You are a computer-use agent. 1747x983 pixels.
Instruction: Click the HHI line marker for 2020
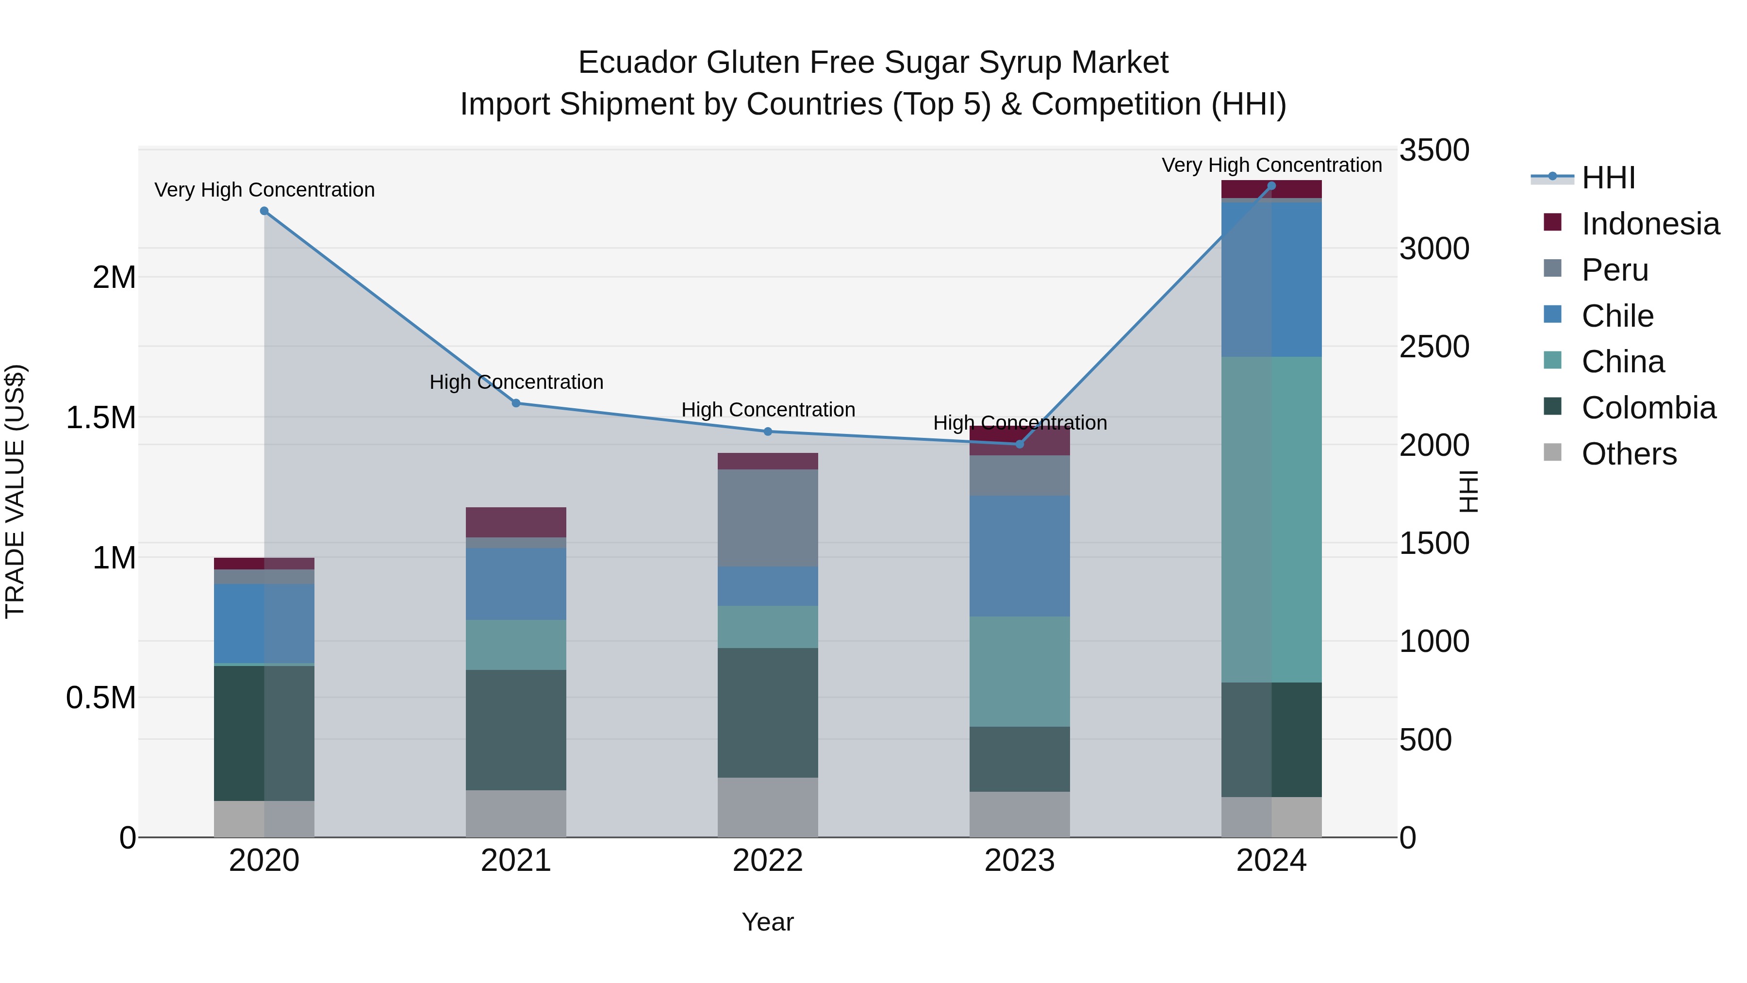264,211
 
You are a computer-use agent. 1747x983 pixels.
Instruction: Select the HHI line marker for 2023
1019,444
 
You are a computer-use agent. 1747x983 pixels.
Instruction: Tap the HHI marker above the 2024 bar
1271,186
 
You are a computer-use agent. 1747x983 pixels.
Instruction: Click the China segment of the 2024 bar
1271,519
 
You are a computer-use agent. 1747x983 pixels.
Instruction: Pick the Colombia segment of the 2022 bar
767,712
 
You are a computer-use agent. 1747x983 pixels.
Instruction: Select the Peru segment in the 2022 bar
767,517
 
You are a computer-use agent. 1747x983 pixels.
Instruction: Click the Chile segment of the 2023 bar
1019,556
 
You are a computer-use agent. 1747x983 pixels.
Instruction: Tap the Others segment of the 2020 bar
264,819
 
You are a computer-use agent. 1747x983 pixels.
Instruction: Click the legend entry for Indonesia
1649,224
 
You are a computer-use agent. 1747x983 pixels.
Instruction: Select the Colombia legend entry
1648,408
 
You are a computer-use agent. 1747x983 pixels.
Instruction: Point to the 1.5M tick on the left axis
100,417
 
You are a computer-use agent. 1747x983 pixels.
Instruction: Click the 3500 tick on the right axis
1434,150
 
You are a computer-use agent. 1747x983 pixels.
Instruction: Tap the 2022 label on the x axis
767,861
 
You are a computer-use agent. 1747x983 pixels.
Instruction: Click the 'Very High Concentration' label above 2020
264,190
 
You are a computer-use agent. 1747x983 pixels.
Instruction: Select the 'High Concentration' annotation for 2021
516,382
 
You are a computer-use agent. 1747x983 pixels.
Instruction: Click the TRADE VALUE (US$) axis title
15,491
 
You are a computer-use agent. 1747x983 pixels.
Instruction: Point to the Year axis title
767,922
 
